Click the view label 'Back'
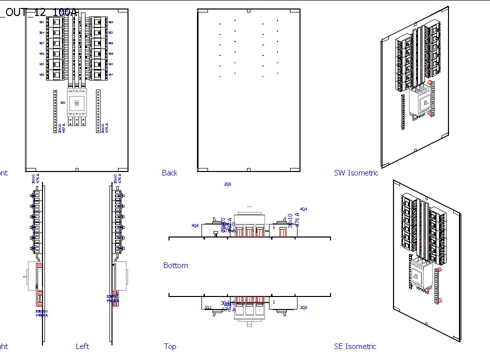[x=169, y=173]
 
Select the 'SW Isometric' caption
[x=356, y=173]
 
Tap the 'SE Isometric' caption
[x=355, y=346]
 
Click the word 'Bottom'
[x=175, y=265]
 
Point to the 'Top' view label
[x=170, y=346]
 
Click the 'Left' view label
[x=82, y=346]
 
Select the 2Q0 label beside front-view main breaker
[x=62, y=102]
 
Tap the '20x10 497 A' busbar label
[x=61, y=127]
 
